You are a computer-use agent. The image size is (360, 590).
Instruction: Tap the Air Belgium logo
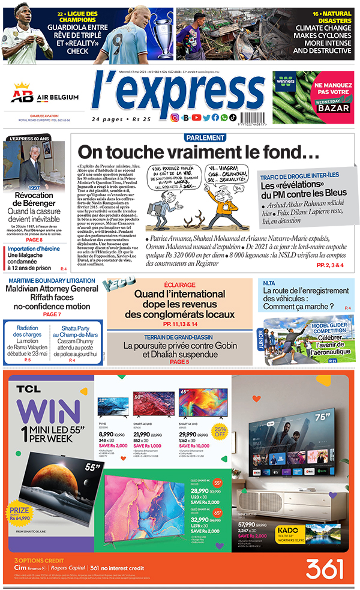[x=45, y=97]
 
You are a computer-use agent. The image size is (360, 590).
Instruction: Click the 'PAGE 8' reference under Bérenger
[x=34, y=223]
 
